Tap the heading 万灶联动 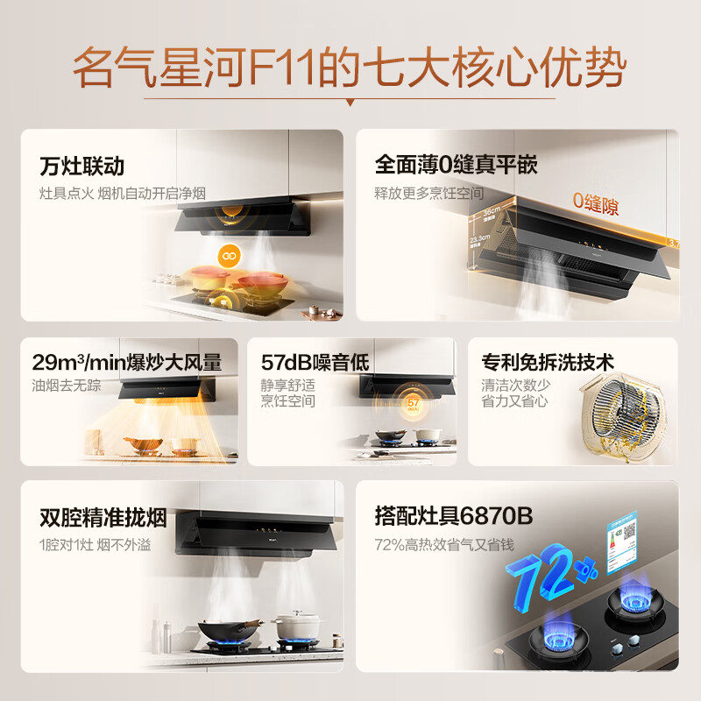82,166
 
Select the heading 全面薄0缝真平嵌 456,165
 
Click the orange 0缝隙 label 596,206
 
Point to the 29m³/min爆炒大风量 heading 126,362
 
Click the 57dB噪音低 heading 315,362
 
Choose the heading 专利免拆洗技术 548,362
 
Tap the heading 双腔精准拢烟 103,518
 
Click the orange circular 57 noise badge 414,402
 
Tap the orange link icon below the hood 230,254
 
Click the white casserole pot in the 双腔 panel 300,627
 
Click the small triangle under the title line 350,103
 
